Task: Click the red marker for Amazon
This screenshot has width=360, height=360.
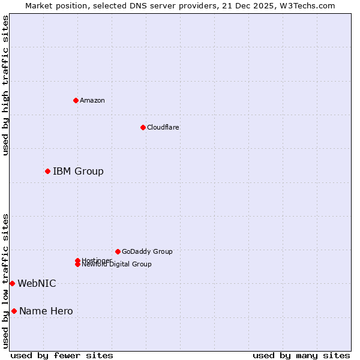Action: pyautogui.click(x=76, y=100)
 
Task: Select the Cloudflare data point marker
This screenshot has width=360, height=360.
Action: pyautogui.click(x=143, y=127)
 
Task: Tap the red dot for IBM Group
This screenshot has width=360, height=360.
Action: pyautogui.click(x=47, y=171)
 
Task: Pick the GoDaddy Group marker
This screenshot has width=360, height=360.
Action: pyautogui.click(x=118, y=251)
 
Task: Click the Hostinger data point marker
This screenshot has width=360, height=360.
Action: pyautogui.click(x=77, y=260)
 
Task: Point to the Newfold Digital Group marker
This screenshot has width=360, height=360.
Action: pyautogui.click(x=77, y=264)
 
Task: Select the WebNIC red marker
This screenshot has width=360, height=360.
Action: pyautogui.click(x=12, y=283)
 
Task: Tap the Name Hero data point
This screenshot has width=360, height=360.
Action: pyautogui.click(x=14, y=311)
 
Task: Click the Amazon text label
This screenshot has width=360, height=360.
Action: pyautogui.click(x=92, y=100)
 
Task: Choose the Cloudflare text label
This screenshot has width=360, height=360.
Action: pyautogui.click(x=163, y=127)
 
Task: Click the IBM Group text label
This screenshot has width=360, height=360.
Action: pyautogui.click(x=78, y=172)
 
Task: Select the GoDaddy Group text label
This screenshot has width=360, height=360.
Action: pyautogui.click(x=147, y=251)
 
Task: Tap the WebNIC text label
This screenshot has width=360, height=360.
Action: pyautogui.click(x=37, y=284)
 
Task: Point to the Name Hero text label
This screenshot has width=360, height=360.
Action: pyautogui.click(x=46, y=311)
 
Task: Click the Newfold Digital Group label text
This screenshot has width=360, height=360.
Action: pyautogui.click(x=116, y=265)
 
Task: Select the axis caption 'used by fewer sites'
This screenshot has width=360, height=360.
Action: pyautogui.click(x=62, y=355)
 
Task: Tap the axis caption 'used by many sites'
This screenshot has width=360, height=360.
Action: pyautogui.click(x=301, y=355)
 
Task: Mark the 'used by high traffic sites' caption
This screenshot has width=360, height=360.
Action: pyautogui.click(x=5, y=85)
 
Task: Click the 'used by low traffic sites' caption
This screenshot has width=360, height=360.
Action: pyautogui.click(x=5, y=281)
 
